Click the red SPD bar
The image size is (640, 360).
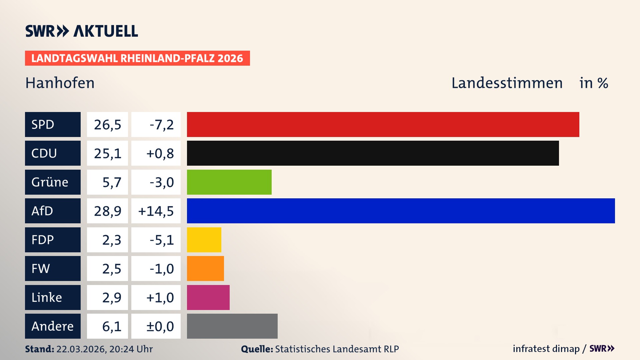coord(383,124)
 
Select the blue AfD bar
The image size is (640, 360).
coord(401,211)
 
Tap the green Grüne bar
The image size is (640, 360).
coord(229,182)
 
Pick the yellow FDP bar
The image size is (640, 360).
coord(204,240)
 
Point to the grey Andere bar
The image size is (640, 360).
coord(232,326)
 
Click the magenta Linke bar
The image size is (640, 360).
coord(208,297)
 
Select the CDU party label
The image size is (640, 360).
coord(53,153)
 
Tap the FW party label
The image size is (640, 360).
coord(53,268)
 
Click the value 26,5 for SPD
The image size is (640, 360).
coord(107,125)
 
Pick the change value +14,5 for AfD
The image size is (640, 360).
coord(156,211)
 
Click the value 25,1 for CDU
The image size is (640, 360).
coord(107,153)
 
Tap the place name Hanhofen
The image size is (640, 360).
coord(60,83)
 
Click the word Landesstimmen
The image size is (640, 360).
coord(507,83)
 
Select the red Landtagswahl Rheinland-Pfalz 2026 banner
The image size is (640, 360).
coord(137,58)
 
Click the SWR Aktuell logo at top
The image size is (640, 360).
coord(82,31)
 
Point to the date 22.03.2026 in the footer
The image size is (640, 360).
coord(81,349)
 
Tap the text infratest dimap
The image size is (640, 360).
coord(546,349)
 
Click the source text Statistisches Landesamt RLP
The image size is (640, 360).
coord(337,349)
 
